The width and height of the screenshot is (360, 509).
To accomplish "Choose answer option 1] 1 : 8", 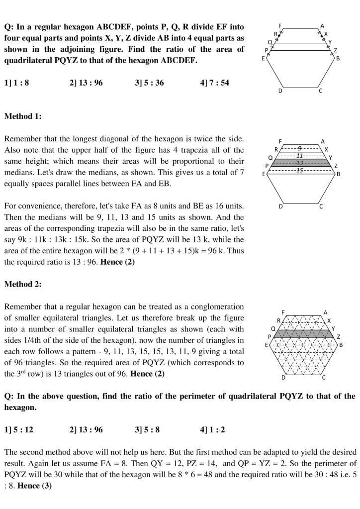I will pyautogui.click(x=16, y=83).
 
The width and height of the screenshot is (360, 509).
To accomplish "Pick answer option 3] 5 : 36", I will pyautogui.click(x=149, y=83).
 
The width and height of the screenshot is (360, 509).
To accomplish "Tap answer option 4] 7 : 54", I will pyautogui.click(x=214, y=83).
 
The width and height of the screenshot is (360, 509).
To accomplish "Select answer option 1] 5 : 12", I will pyautogui.click(x=18, y=429).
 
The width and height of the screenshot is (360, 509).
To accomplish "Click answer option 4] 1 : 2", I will pyautogui.click(x=212, y=429).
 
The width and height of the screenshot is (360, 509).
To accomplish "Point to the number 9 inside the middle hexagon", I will pyautogui.click(x=299, y=148).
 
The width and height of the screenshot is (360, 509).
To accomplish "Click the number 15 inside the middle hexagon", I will pyautogui.click(x=299, y=170).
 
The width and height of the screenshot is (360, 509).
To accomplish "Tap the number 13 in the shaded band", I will pyautogui.click(x=299, y=163).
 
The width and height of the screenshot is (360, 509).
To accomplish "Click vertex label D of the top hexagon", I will pyautogui.click(x=280, y=91).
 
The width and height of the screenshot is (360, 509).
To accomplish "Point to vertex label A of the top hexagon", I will pyautogui.click(x=322, y=25).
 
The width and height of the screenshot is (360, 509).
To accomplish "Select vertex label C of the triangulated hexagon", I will pyautogui.click(x=324, y=378).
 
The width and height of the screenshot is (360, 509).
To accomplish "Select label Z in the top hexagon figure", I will pyautogui.click(x=335, y=50).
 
